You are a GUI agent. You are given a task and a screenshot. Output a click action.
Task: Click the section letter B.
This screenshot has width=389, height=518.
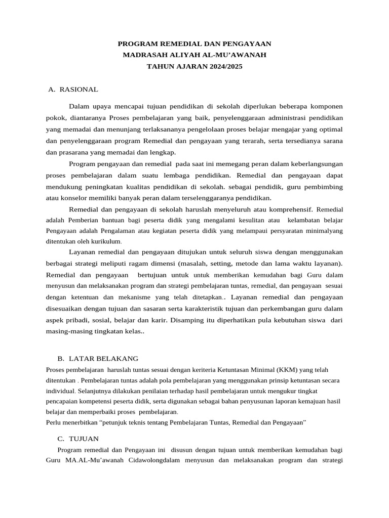click(60, 358)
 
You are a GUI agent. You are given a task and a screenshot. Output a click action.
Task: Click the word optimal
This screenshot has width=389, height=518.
click(329, 129)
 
